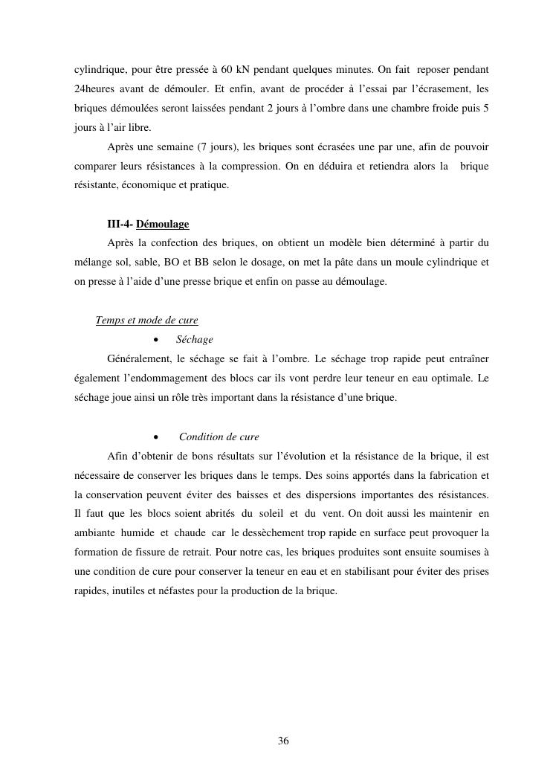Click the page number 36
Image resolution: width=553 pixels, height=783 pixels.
point(283,741)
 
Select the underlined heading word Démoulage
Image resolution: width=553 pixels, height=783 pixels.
point(163,224)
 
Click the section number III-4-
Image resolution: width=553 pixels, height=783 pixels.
point(120,224)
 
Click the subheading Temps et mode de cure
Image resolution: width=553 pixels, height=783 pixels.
point(147,320)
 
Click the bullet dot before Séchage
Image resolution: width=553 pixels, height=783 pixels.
point(156,340)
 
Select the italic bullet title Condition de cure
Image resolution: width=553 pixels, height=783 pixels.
point(219,436)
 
